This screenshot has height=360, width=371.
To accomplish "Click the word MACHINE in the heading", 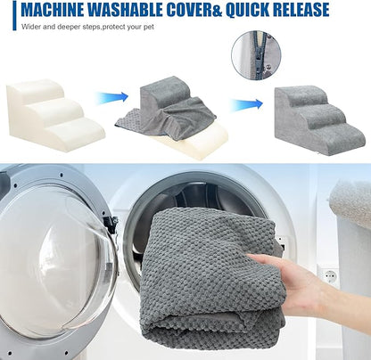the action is (x=53, y=9).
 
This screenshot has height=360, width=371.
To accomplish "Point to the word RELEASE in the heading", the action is (x=301, y=9).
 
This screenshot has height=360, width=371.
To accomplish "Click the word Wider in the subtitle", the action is (x=30, y=27).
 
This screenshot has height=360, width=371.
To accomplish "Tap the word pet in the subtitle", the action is (x=149, y=27).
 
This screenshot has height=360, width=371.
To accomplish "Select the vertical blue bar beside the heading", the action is (x=14, y=15).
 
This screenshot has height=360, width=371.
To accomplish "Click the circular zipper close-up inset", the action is (x=256, y=55).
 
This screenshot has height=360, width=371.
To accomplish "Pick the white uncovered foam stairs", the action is (x=55, y=115).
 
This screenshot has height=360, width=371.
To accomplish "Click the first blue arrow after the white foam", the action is (x=112, y=97).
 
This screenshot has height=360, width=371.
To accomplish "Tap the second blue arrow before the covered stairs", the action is (x=247, y=104).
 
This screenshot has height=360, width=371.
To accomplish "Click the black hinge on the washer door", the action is (x=111, y=225).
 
